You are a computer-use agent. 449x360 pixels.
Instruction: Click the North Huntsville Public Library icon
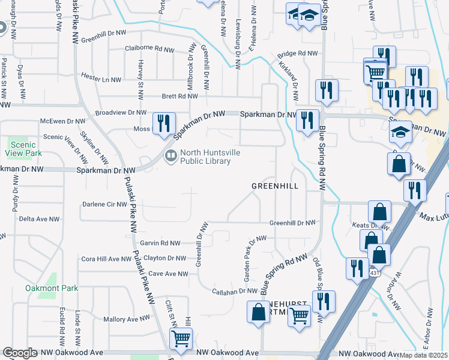[171, 157]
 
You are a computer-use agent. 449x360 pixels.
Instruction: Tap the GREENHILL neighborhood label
[274, 186]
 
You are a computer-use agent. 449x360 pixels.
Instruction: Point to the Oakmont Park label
[52, 288]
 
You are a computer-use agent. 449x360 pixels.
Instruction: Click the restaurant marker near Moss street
[163, 123]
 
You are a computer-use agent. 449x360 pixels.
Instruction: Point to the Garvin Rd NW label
[159, 243]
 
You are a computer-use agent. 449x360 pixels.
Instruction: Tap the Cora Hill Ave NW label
[106, 259]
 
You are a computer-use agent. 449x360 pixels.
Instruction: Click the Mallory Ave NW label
[126, 319]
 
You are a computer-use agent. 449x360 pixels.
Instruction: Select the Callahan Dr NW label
[235, 291]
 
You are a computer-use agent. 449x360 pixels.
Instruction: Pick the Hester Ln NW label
[101, 79]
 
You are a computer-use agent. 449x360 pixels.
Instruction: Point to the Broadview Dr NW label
[121, 112]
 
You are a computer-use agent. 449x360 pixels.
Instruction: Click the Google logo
[20, 353]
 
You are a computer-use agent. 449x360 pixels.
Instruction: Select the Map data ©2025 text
[424, 355]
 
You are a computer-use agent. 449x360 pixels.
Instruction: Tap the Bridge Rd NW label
[297, 54]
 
